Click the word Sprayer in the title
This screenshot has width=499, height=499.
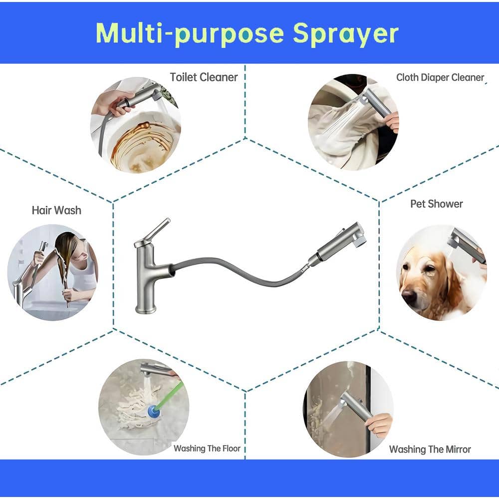pos(345,34)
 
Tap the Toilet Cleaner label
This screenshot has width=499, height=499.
pos(204,77)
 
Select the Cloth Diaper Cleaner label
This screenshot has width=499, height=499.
pos(440,77)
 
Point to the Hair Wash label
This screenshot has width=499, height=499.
pos(56,211)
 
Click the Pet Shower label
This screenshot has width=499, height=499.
pos(436,204)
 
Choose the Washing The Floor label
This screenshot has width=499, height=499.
pos(207,449)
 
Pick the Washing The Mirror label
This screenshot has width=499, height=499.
pos(430,450)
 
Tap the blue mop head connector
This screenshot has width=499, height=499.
pos(154,412)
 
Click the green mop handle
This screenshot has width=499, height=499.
pos(171,394)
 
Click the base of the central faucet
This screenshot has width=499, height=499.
pos(146,309)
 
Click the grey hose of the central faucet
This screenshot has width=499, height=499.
pos(239,271)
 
